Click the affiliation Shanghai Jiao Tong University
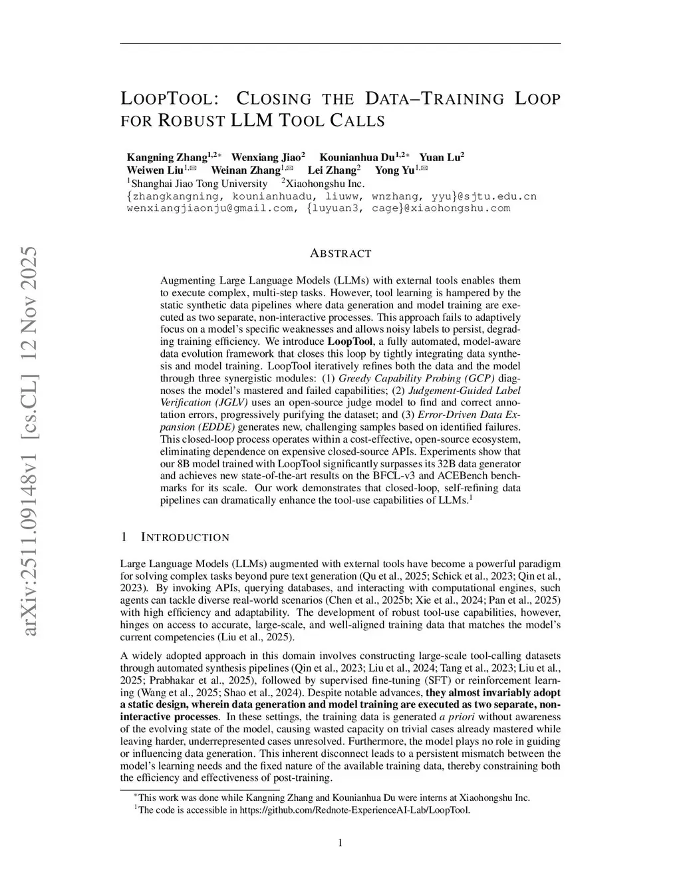coord(198,183)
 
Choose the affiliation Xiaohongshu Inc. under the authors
coord(325,183)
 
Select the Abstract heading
coord(340,254)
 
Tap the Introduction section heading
coord(186,537)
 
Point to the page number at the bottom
coord(340,843)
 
